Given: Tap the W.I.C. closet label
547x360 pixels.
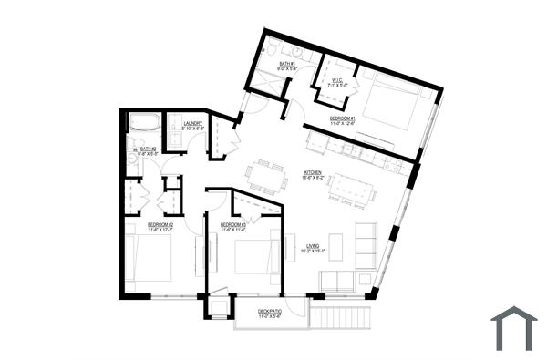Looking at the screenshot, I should point(335,82).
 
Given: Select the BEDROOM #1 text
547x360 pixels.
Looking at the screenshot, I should point(343,120).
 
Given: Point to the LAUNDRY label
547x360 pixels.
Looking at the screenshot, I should point(192,126).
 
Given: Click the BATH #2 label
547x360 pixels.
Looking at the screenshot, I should point(148,150).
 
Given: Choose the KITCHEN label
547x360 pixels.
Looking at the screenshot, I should point(313,174).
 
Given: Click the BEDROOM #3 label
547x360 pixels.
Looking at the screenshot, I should point(233,226).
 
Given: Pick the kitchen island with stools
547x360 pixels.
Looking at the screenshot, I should point(351,189).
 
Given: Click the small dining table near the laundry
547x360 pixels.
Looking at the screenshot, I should point(267,174).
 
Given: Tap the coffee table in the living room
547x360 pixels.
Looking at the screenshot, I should point(335,246).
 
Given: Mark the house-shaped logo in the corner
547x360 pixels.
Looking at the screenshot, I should point(514,328).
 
